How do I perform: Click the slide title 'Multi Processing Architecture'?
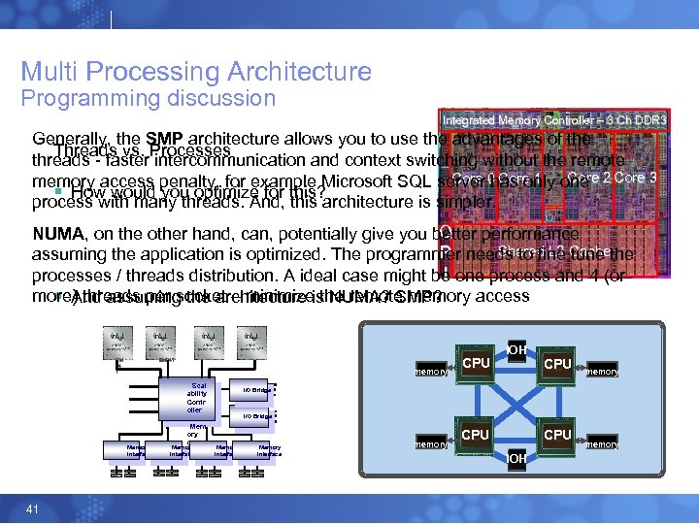coord(196,72)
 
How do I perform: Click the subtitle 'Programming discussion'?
coord(149,98)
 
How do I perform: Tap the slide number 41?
coord(32,509)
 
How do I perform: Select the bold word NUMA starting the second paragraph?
coord(57,234)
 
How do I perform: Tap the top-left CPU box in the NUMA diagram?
coord(475,364)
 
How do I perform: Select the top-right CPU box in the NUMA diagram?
coord(557,364)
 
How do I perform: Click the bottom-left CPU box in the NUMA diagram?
coord(475,435)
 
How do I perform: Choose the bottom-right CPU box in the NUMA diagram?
coord(557,435)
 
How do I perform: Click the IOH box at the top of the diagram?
coord(516,349)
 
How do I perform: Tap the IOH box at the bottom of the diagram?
coord(516,457)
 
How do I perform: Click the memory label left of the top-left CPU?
coord(430,371)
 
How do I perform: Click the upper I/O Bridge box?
coord(255,390)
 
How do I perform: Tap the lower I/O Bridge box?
coord(255,415)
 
